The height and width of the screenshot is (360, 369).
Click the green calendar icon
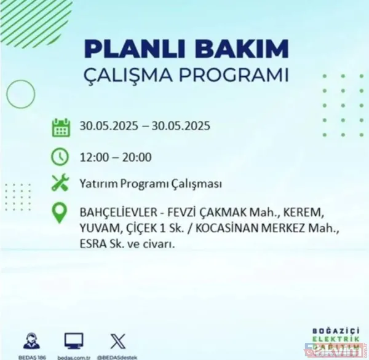pyautogui.click(x=60, y=128)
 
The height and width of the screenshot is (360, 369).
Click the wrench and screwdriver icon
pyautogui.click(x=60, y=183)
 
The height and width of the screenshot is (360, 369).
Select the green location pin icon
pyautogui.click(x=60, y=213)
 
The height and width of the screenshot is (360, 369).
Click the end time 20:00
pyautogui.click(x=137, y=157)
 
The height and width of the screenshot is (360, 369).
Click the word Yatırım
pyautogui.click(x=98, y=184)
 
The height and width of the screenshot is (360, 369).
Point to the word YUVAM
pyautogui.click(x=96, y=229)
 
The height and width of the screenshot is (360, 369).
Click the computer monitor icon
pyautogui.click(x=73, y=339)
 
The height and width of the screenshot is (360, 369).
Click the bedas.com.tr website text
pyautogui.click(x=73, y=354)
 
